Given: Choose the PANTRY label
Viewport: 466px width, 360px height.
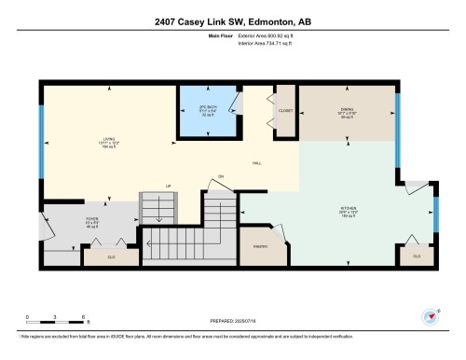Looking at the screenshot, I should [x=260, y=246].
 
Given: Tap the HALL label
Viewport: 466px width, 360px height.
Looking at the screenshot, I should [x=256, y=163].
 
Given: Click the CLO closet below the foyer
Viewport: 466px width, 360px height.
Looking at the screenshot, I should [x=111, y=255].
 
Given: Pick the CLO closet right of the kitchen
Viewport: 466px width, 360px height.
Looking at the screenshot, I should [x=417, y=255].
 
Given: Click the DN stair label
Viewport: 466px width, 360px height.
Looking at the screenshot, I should [x=222, y=176].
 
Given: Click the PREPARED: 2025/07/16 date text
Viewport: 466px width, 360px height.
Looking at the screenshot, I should [x=232, y=318].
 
